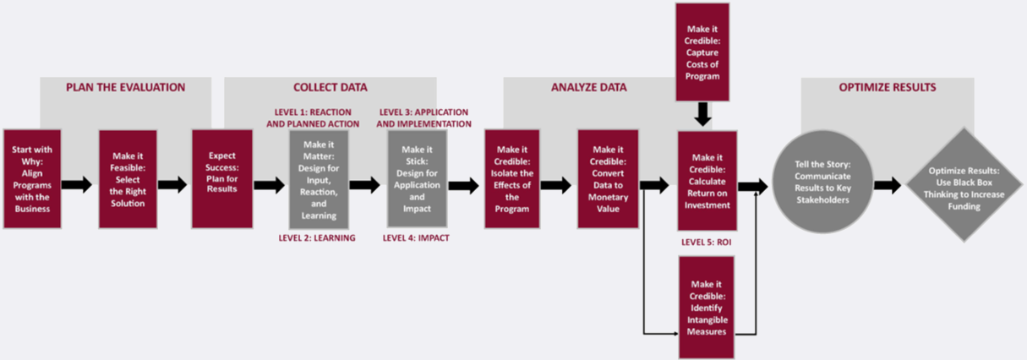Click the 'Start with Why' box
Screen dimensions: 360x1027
pos(33,178)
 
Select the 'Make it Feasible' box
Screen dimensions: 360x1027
pos(128,178)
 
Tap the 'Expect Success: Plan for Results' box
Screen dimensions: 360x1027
pos(221,178)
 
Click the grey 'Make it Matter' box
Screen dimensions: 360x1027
pos(318,179)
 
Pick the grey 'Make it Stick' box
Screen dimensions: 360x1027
pos(417,179)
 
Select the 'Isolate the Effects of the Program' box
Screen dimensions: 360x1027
pos(512,179)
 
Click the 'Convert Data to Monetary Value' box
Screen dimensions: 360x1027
pos(608,179)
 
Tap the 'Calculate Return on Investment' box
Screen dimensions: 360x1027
pos(707,179)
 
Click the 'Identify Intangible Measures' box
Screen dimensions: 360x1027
pos(707,296)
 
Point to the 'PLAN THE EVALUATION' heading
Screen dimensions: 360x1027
pos(126,86)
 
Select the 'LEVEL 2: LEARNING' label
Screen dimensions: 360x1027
pos(317,238)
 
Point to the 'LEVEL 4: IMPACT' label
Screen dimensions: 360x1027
pos(416,238)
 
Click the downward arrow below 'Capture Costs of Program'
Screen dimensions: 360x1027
pos(702,114)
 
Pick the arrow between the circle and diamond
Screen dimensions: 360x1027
pos(888,185)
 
